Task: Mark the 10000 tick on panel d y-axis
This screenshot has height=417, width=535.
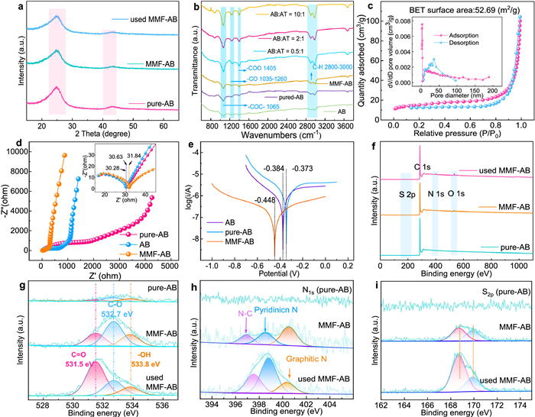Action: [x=20, y=152]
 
